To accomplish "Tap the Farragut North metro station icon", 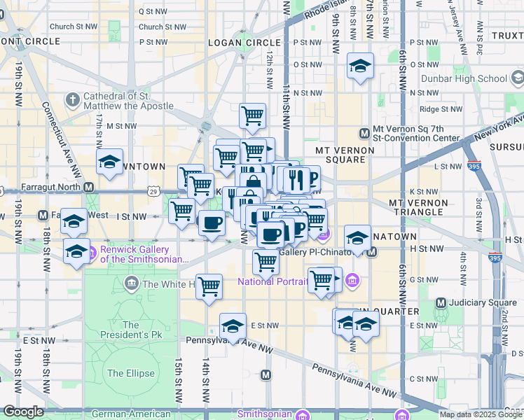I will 89,188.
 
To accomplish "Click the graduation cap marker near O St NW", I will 360,66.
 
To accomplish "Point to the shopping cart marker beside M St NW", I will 252,115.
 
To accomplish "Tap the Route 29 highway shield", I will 153,190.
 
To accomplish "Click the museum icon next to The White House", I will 131,283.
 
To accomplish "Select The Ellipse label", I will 131,373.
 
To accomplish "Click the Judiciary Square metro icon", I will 441,302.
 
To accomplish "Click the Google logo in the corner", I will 23,412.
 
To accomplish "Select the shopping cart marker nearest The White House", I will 209,286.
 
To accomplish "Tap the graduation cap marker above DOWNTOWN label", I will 110,162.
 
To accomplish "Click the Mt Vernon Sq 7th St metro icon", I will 364,134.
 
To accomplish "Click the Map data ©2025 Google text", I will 480,414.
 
